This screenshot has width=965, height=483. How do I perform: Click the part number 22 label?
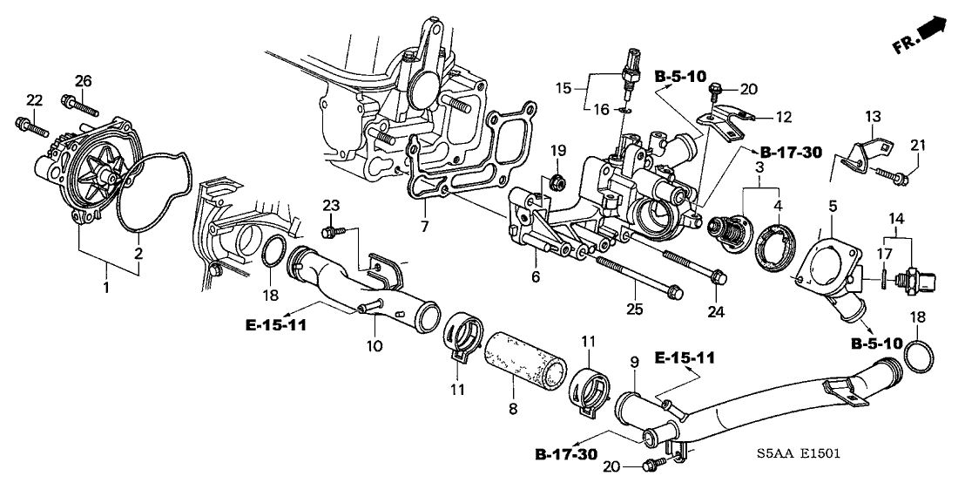click(34, 100)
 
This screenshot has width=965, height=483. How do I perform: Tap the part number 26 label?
click(82, 81)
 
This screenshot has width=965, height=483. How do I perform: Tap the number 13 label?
click(873, 117)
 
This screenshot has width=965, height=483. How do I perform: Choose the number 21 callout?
click(916, 145)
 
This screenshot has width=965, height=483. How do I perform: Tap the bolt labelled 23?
click(330, 233)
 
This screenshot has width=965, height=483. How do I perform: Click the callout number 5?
click(832, 207)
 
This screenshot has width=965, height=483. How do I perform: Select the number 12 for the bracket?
click(784, 115)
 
